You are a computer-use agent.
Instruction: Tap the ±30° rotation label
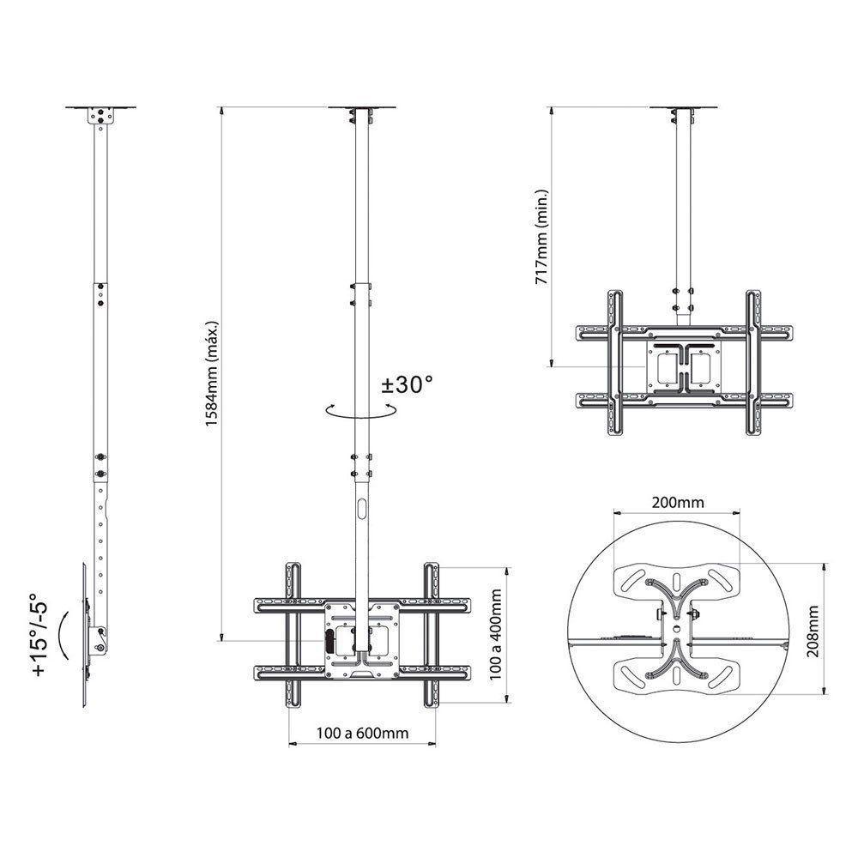406,385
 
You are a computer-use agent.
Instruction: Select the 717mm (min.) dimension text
540,237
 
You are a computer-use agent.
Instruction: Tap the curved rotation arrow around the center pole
360,413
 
